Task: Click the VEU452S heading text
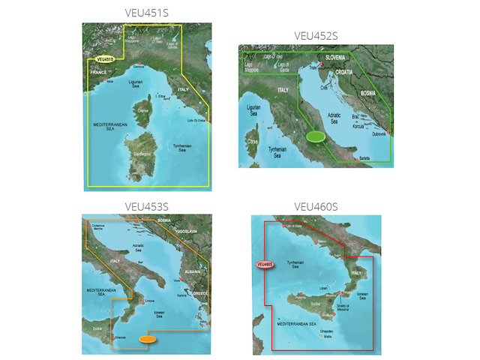(x=316, y=34)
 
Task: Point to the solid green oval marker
(x=316, y=136)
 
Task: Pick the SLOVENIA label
(x=339, y=57)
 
